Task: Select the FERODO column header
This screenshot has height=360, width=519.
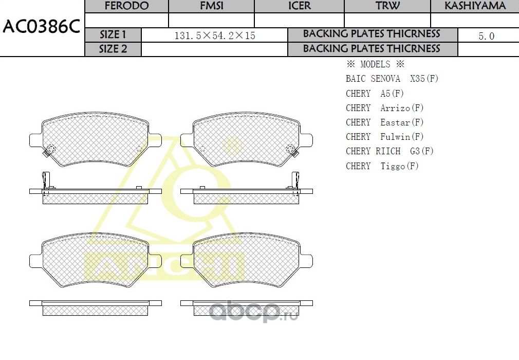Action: click(x=126, y=6)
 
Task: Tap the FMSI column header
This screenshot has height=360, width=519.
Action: click(x=211, y=6)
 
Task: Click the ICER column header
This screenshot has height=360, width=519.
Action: click(x=299, y=6)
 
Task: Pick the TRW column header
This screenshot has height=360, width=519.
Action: click(x=387, y=6)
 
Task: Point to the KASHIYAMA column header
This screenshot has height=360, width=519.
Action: click(x=475, y=6)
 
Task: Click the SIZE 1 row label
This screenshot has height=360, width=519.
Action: click(x=113, y=35)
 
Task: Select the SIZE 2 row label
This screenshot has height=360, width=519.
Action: click(x=113, y=49)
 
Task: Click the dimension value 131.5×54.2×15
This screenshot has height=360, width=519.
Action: click(x=215, y=35)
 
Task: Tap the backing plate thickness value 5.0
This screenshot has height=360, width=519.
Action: click(x=486, y=35)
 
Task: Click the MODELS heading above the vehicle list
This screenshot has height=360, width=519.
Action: click(x=375, y=64)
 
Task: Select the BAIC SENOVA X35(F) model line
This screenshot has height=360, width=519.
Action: click(x=392, y=79)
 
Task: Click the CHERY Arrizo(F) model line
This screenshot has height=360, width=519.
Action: click(x=384, y=108)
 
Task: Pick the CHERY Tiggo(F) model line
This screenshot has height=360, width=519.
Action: click(x=382, y=166)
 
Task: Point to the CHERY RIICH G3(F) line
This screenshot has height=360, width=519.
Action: click(x=390, y=151)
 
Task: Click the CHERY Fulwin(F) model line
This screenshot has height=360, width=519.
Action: click(x=384, y=137)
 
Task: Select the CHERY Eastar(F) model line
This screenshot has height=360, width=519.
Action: click(x=384, y=122)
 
